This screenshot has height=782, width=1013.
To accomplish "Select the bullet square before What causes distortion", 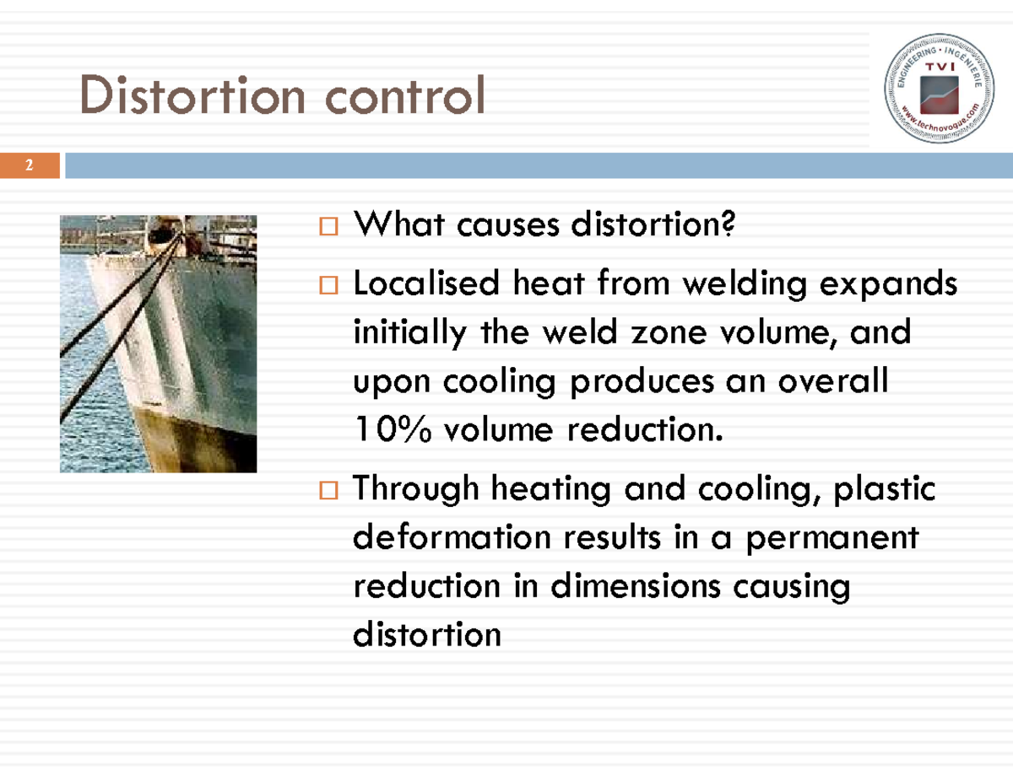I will [x=328, y=227].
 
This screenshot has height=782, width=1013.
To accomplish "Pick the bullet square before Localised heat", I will [x=328, y=286].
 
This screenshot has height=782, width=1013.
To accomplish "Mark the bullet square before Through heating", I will [x=328, y=489].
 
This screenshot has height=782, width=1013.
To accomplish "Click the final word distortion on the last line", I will [x=426, y=634].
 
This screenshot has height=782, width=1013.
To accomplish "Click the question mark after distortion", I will [x=729, y=225].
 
